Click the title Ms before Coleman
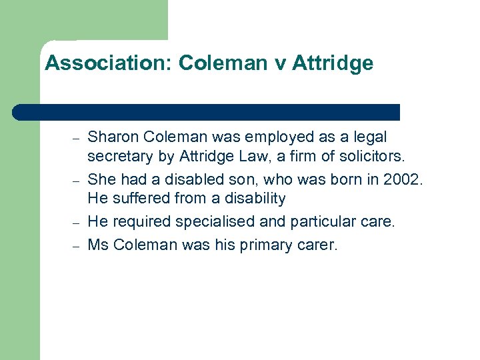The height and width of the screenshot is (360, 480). (98, 245)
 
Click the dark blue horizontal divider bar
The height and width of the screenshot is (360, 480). (207, 112)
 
